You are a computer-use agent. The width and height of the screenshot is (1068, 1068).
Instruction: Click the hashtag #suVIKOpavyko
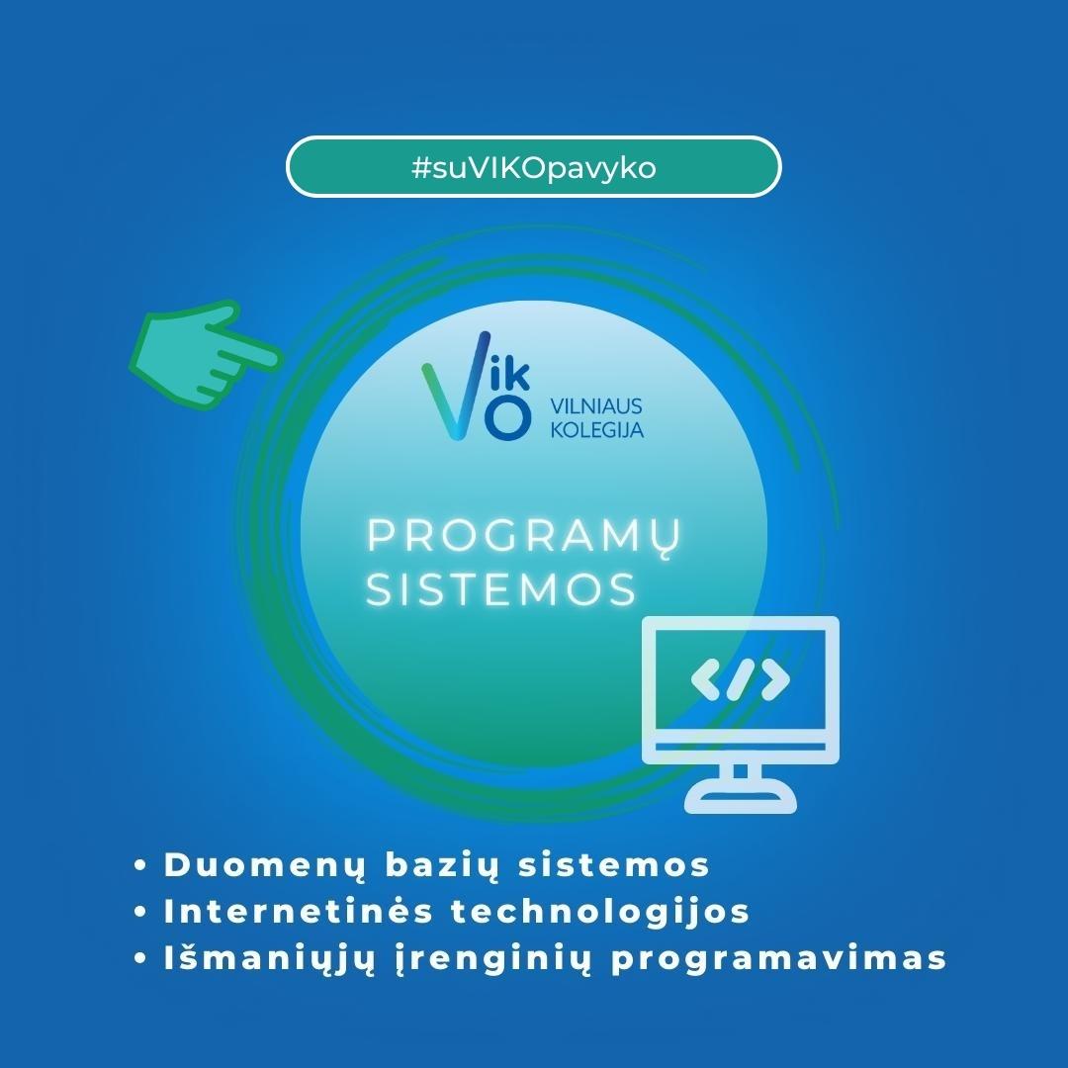click(x=534, y=167)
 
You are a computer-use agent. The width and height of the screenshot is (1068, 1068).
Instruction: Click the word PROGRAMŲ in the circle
click(x=523, y=537)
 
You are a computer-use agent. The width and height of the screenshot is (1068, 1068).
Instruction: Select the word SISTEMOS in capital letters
click(x=501, y=589)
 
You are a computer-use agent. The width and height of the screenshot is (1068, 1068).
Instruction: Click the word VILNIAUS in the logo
click(x=596, y=406)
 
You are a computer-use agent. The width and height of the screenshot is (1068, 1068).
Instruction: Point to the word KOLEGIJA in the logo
click(x=596, y=430)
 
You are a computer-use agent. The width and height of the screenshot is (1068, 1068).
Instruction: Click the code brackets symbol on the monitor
click(x=741, y=679)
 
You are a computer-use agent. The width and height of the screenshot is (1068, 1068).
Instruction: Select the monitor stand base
click(x=741, y=802)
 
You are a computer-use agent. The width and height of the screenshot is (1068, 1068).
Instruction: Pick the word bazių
click(x=442, y=866)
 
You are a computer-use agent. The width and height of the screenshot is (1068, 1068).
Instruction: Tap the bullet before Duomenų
click(x=141, y=865)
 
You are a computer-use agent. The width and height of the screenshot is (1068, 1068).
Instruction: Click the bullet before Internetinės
click(x=141, y=912)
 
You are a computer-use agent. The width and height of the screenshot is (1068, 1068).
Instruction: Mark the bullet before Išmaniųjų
click(x=141, y=958)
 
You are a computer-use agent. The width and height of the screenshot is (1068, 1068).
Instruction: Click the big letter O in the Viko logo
click(x=507, y=417)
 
